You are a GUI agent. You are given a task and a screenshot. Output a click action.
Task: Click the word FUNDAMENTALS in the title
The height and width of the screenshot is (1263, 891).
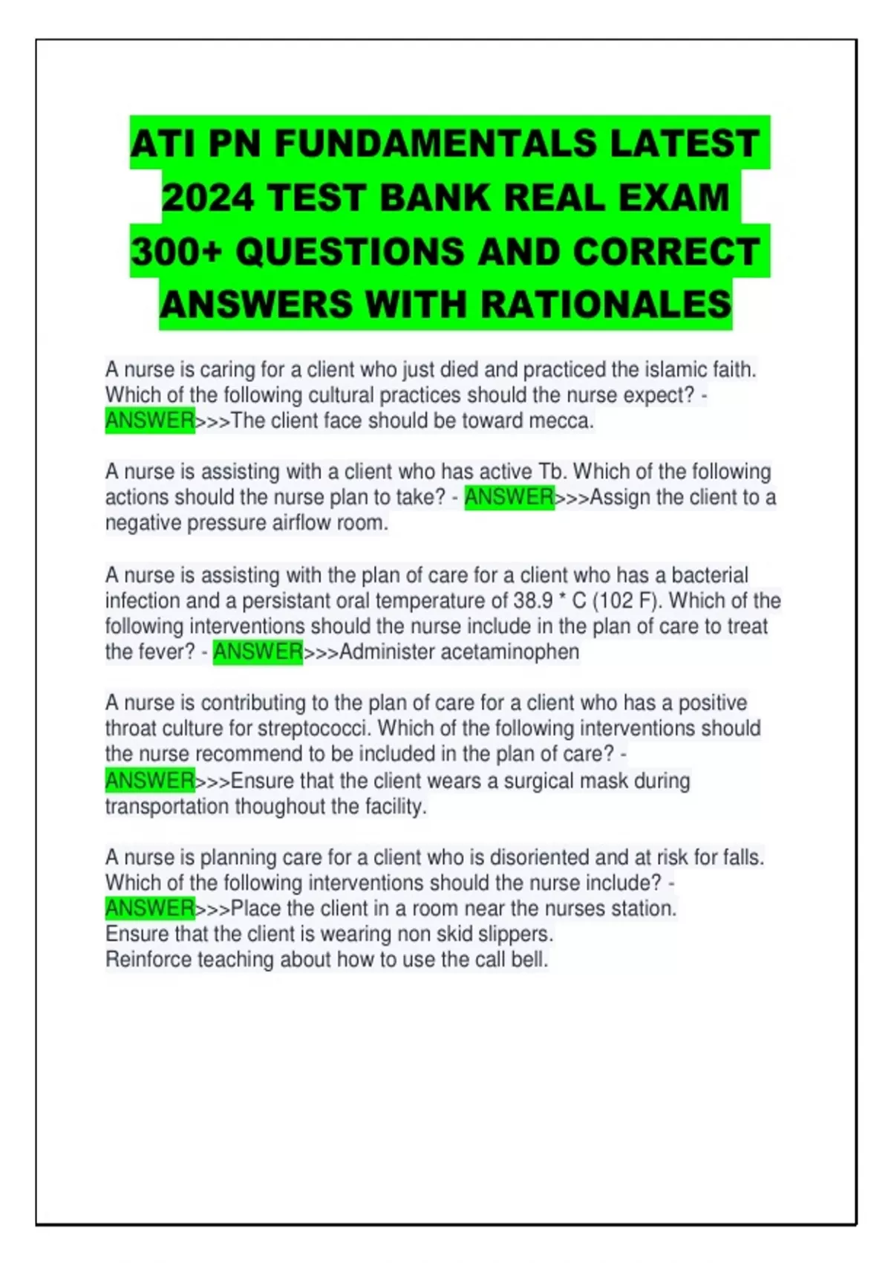pyautogui.click(x=435, y=143)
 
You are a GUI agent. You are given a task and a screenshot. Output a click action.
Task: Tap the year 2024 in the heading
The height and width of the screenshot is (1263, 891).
pyautogui.click(x=207, y=198)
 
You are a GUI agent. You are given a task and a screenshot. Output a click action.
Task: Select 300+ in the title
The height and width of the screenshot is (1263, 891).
pyautogui.click(x=176, y=252)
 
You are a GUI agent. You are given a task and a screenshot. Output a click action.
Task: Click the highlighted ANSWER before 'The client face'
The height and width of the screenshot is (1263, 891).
pyautogui.click(x=149, y=421)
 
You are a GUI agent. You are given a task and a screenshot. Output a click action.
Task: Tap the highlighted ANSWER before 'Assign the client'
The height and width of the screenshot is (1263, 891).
pyautogui.click(x=509, y=496)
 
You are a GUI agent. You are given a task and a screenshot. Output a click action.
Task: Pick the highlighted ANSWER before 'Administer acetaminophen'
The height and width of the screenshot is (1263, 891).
pyautogui.click(x=258, y=652)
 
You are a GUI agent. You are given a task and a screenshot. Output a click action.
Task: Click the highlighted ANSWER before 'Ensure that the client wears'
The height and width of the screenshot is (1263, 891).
pyautogui.click(x=149, y=780)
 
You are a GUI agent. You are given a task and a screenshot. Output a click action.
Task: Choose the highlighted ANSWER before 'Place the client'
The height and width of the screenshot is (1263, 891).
pyautogui.click(x=149, y=908)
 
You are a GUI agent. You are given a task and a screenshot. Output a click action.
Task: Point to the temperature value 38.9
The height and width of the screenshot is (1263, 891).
pyautogui.click(x=532, y=600)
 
